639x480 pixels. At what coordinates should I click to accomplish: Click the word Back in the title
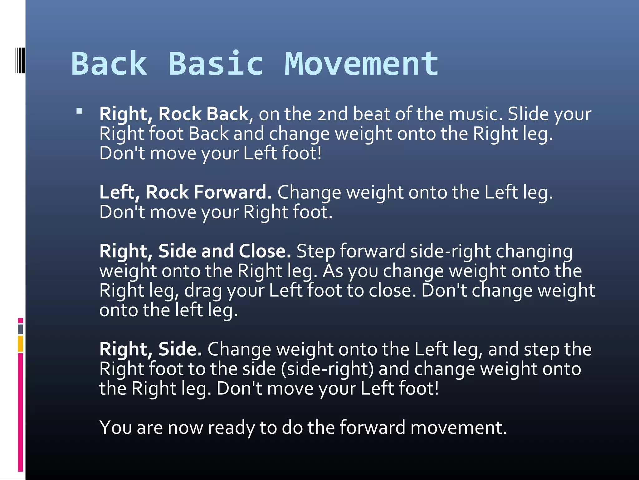coord(109,64)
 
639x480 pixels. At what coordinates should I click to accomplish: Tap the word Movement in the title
coord(361,64)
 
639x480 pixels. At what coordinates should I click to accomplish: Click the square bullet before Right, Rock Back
coord(80,111)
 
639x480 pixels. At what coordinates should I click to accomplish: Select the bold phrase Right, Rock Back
coord(174,114)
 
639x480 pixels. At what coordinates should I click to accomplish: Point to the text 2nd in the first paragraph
coord(332,114)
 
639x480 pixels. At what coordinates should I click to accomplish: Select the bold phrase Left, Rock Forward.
coord(186,192)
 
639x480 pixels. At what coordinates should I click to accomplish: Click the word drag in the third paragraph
coord(203,291)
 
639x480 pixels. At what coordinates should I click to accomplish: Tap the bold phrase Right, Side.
coord(151,349)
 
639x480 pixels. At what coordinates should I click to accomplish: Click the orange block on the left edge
coord(21,344)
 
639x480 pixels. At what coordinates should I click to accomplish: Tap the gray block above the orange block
coord(21,329)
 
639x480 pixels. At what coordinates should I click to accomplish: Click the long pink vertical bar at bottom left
coord(21,412)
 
